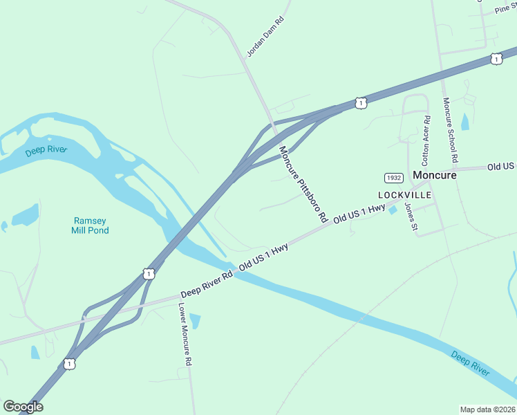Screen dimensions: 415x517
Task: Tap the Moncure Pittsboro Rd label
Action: point(303,183)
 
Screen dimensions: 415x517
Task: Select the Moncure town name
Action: point(435,175)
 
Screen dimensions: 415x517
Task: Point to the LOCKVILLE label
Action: point(404,195)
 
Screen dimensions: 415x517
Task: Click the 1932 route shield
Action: point(394,178)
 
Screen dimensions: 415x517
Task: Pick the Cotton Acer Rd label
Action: point(426,138)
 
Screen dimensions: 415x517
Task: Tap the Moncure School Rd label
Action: point(451,131)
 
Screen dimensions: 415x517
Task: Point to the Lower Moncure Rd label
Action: point(185,333)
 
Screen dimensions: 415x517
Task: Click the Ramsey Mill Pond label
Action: point(90,225)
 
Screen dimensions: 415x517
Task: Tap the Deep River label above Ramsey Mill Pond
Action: point(45,149)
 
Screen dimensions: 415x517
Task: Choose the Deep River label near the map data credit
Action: point(471,363)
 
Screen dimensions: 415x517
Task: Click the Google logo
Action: point(23,407)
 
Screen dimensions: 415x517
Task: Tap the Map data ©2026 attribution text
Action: point(487,409)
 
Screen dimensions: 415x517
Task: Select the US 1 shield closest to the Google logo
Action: point(68,363)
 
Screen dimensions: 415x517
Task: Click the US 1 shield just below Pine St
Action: point(496,59)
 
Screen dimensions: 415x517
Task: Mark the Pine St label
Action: point(506,10)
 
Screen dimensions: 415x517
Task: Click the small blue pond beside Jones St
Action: point(393,210)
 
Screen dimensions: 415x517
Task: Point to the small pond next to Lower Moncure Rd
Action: point(194,321)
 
